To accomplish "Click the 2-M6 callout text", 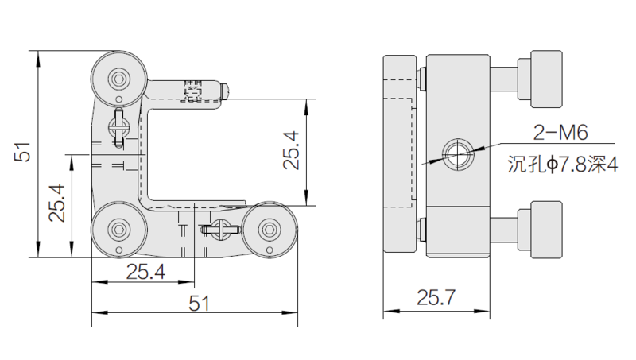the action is click(x=560, y=133).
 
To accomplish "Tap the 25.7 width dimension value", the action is click(x=436, y=297).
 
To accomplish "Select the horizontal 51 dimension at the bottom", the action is click(x=200, y=304).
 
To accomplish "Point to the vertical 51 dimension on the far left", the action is click(x=22, y=152).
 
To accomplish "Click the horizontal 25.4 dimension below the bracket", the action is click(x=145, y=272).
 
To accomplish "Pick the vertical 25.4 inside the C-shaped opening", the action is click(x=291, y=150).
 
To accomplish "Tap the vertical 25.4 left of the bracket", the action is click(x=56, y=203).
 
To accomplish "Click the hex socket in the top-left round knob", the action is click(x=118, y=79).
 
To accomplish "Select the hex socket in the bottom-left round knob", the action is click(x=119, y=230).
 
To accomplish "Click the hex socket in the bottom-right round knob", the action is click(x=270, y=230).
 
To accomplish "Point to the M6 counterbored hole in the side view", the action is click(x=458, y=154).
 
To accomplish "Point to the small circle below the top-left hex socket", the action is click(x=118, y=99).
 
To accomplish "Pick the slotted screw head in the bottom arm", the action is click(x=221, y=230).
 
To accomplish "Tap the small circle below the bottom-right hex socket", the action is click(x=269, y=250).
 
